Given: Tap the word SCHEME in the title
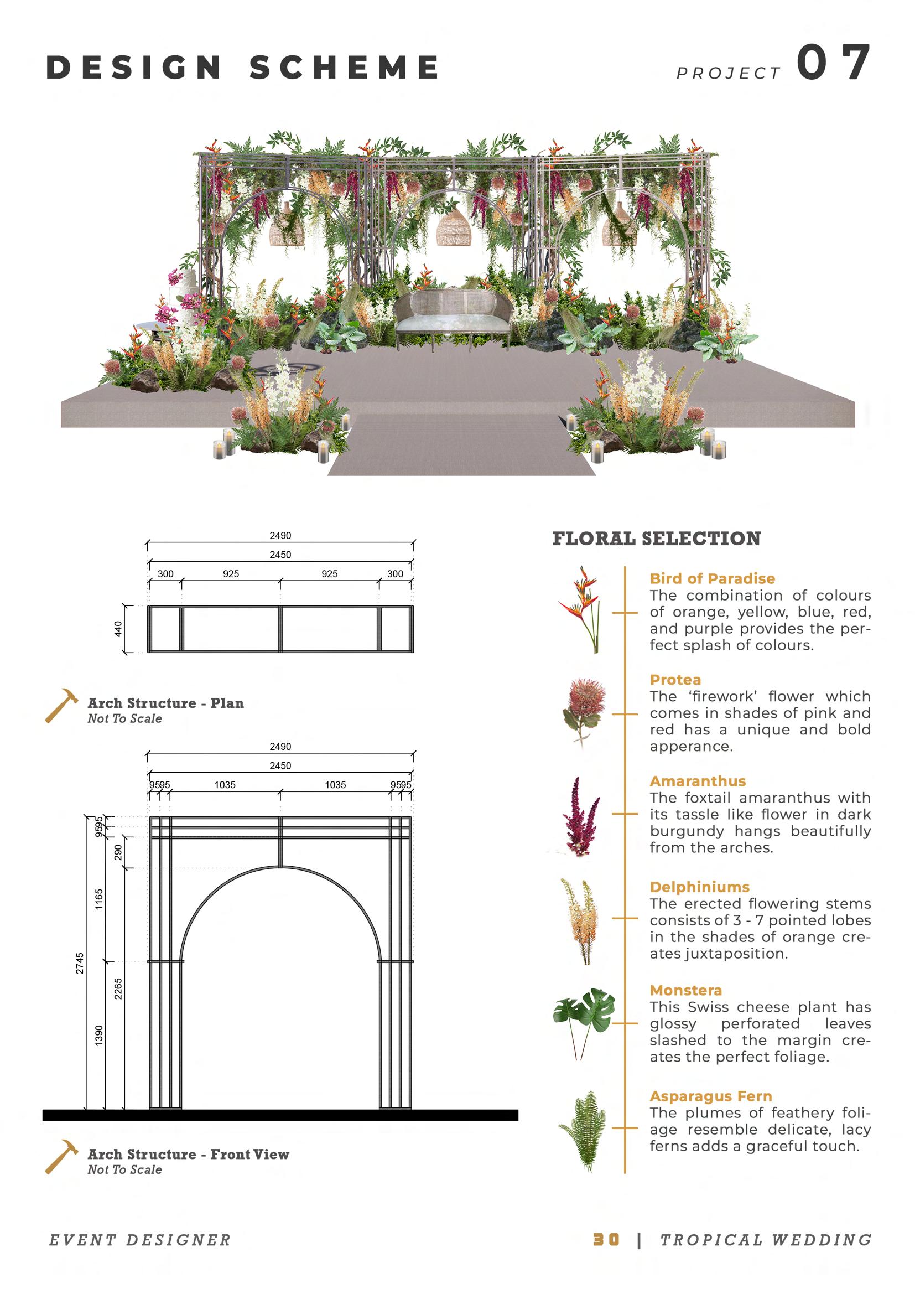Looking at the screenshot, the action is click(x=344, y=67).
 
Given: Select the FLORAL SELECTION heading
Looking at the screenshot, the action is click(x=657, y=539).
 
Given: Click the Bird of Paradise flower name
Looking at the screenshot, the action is click(x=712, y=578).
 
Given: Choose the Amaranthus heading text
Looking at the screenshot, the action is click(x=698, y=781).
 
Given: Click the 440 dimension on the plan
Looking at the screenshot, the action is click(x=118, y=629).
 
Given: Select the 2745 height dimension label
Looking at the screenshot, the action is click(x=80, y=963).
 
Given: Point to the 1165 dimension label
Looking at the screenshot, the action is click(x=99, y=899).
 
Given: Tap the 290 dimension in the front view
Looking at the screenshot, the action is click(x=118, y=852).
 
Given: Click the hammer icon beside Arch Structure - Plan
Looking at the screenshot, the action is click(x=61, y=705).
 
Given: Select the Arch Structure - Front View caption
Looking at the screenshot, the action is click(x=188, y=1154).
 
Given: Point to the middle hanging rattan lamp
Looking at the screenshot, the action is click(x=454, y=226).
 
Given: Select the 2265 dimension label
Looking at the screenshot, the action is click(x=118, y=989).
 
